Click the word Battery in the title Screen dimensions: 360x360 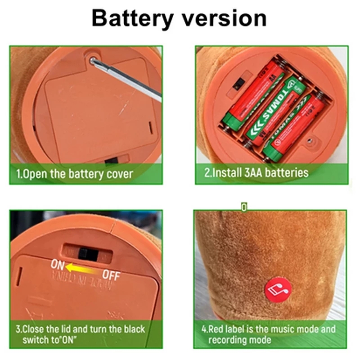tap(133, 18)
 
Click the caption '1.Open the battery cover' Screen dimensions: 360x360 tap(75, 173)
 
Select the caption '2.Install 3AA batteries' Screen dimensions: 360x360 tap(256, 172)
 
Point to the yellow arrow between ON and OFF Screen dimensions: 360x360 tap(83, 269)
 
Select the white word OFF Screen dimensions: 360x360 tap(111, 274)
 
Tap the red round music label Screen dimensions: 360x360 tap(279, 288)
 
